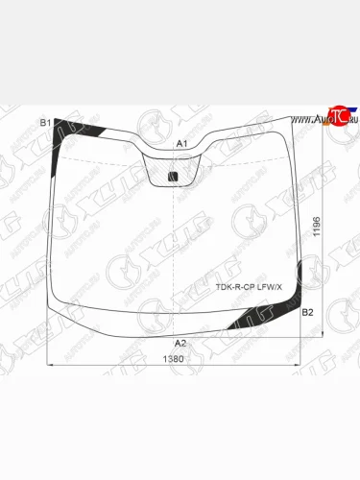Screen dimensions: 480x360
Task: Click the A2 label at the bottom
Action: coord(180,343)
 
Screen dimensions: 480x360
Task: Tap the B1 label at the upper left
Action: coord(44,122)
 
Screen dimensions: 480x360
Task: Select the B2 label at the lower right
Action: coord(307,313)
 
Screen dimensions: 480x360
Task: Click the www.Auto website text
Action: coord(309,120)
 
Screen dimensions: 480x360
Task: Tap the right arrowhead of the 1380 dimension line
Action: coord(299,366)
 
